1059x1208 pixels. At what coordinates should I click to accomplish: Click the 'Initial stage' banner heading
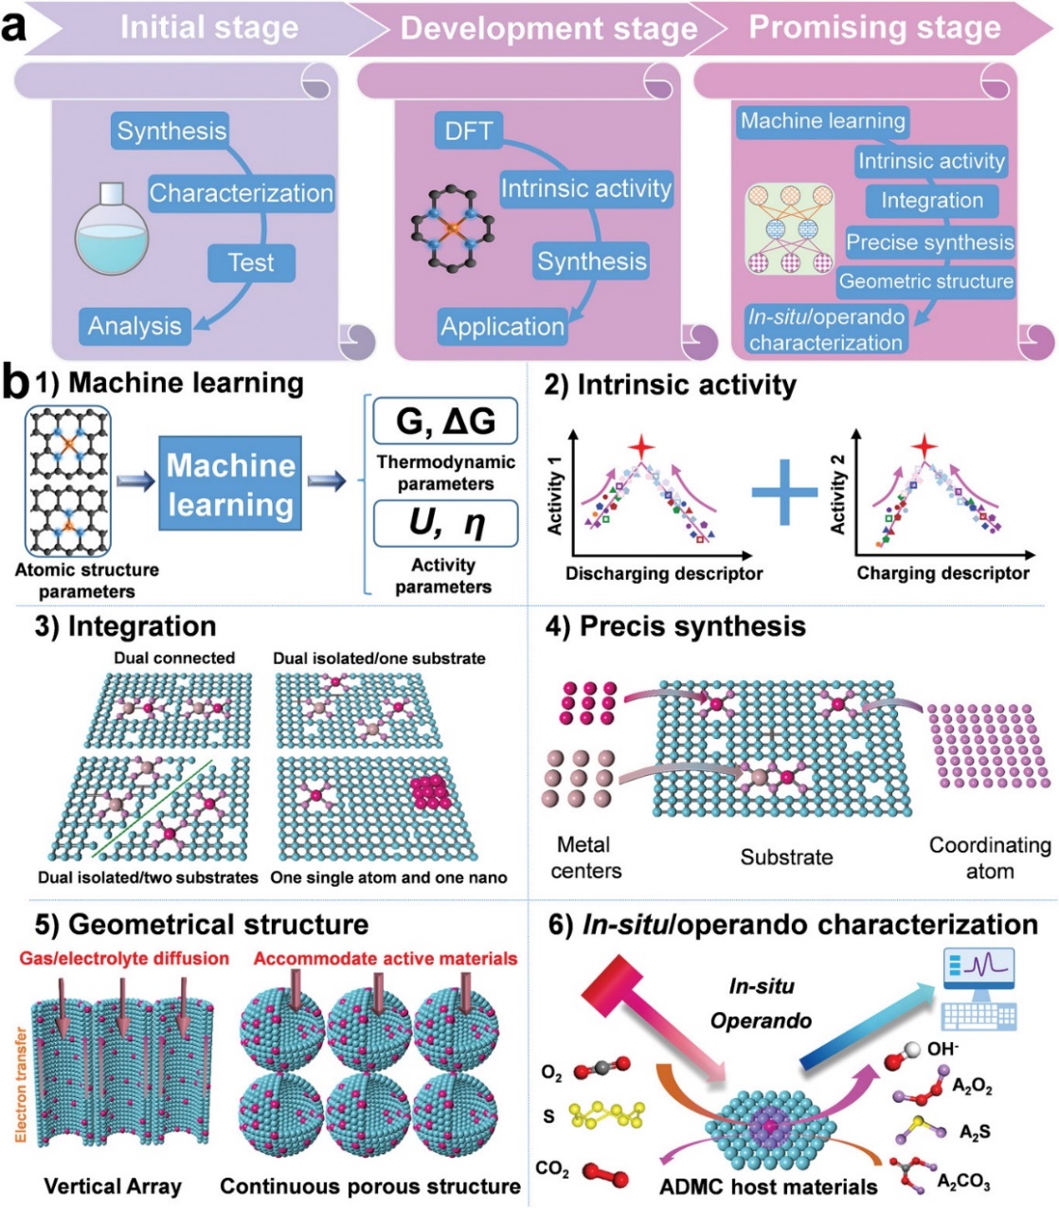(x=208, y=28)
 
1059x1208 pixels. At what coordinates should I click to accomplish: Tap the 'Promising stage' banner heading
(x=874, y=28)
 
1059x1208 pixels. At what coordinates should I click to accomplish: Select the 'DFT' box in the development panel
(x=469, y=131)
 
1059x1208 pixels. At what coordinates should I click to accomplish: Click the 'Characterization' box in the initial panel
(x=242, y=193)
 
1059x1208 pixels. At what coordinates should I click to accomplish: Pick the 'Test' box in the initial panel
(x=251, y=262)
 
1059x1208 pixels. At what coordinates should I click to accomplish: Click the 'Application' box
(x=502, y=327)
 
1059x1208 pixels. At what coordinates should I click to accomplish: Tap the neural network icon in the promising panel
(x=789, y=228)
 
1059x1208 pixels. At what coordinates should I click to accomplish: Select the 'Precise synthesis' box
(x=929, y=243)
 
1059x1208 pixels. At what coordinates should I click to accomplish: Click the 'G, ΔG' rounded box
(x=445, y=421)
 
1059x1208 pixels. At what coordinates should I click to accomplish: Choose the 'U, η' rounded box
(x=445, y=524)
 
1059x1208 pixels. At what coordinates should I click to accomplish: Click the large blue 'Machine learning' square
(x=230, y=484)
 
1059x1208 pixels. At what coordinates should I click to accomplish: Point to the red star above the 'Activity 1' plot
(x=641, y=446)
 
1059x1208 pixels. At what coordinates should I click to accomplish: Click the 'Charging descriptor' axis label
(x=942, y=573)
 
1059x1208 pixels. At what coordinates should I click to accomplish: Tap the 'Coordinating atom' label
(x=990, y=857)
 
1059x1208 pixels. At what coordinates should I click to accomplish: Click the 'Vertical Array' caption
(x=113, y=1186)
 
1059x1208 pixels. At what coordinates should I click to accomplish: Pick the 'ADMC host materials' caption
(x=768, y=1186)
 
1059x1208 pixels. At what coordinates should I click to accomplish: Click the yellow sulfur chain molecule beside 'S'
(x=607, y=1117)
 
